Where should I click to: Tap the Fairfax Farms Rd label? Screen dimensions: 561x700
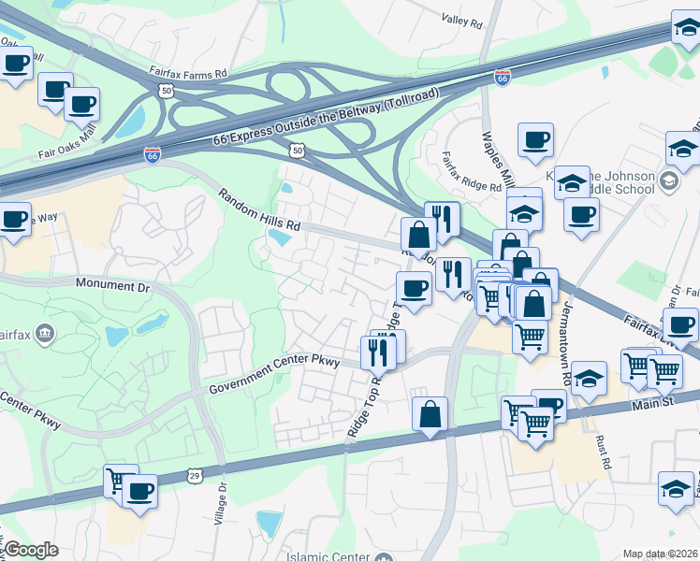tap(188, 72)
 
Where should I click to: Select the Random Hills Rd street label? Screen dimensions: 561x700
tap(259, 209)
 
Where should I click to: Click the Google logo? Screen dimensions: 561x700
tap(31, 550)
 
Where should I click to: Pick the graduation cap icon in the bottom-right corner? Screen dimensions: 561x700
tap(676, 488)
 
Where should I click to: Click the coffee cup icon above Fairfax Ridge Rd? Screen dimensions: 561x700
tap(535, 140)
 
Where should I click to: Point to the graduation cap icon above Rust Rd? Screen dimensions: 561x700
tap(589, 379)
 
